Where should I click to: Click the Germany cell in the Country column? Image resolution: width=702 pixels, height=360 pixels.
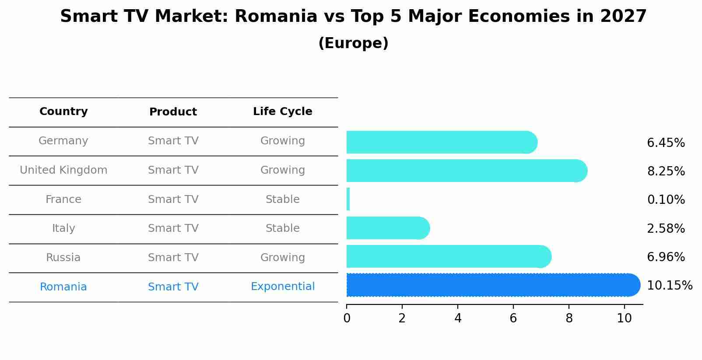pyautogui.click(x=63, y=141)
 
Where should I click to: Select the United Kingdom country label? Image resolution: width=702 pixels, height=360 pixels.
pyautogui.click(x=63, y=170)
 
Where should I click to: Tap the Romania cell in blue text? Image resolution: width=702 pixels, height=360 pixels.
pyautogui.click(x=63, y=287)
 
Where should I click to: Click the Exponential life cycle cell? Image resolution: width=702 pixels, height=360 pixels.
pyautogui.click(x=283, y=287)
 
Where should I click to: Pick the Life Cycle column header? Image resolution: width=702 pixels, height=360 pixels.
pyautogui.click(x=283, y=112)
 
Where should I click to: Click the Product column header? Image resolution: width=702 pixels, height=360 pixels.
pyautogui.click(x=173, y=112)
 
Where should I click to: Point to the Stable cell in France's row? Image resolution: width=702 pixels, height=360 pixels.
pyautogui.click(x=283, y=199)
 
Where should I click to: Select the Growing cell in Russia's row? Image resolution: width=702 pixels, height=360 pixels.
pyautogui.click(x=283, y=258)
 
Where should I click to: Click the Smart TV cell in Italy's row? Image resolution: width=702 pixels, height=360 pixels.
pyautogui.click(x=173, y=228)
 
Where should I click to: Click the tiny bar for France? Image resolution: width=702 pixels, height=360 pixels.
pyautogui.click(x=348, y=199)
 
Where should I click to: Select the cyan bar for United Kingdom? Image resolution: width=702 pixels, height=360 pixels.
pyautogui.click(x=464, y=171)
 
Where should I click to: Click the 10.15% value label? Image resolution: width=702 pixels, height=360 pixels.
pyautogui.click(x=670, y=286)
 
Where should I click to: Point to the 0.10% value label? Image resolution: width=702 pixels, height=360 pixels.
pyautogui.click(x=666, y=200)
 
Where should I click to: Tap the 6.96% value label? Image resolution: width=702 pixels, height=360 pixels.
pyautogui.click(x=666, y=257)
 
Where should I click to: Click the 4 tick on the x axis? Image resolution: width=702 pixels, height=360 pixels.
pyautogui.click(x=458, y=318)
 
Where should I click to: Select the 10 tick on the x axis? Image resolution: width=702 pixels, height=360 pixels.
pyautogui.click(x=624, y=318)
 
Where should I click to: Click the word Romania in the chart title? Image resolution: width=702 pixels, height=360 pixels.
pyautogui.click(x=276, y=17)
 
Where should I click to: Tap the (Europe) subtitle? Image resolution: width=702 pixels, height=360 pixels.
pyautogui.click(x=353, y=43)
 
